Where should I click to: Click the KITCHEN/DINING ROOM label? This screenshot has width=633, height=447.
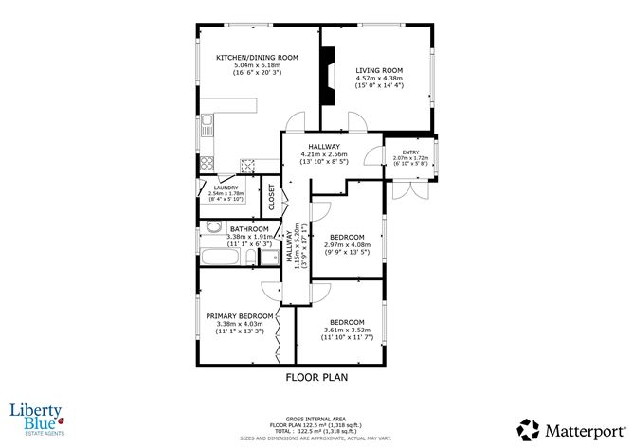tap(257, 58)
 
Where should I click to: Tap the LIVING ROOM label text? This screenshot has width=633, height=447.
tap(379, 70)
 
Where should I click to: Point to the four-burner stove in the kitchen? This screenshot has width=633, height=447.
tap(248, 163)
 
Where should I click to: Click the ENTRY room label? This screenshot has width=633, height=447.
tap(410, 152)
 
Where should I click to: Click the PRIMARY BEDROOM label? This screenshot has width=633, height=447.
tap(240, 315)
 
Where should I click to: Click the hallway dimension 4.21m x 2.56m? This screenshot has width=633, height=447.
tap(324, 154)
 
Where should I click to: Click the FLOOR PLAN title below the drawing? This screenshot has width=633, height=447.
tap(316, 377)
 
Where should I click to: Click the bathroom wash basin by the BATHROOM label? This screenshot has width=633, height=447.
tap(212, 227)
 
